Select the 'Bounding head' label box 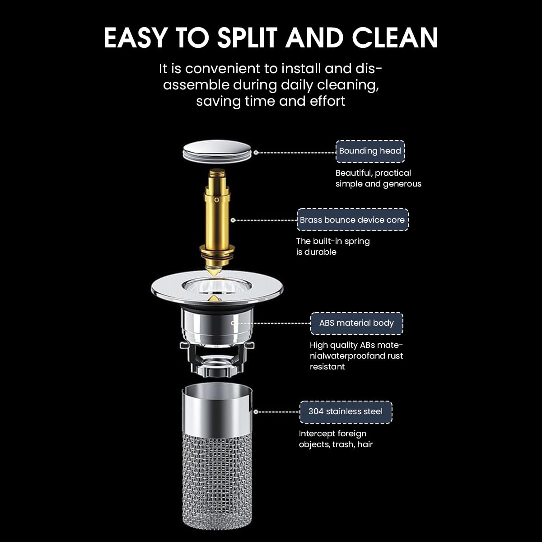[x=370, y=151]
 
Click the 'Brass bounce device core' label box [x=352, y=220]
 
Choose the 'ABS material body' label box [x=356, y=323]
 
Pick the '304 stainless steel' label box [x=346, y=411]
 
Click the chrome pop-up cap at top [x=217, y=151]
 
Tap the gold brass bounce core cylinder [x=219, y=212]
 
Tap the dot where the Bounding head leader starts [x=256, y=153]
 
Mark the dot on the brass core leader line [x=233, y=220]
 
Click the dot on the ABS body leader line [x=233, y=323]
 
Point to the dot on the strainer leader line [x=256, y=412]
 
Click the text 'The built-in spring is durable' [x=333, y=247]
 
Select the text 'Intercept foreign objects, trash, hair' [x=336, y=439]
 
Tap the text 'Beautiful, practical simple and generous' [x=378, y=178]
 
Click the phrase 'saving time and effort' [x=271, y=101]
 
